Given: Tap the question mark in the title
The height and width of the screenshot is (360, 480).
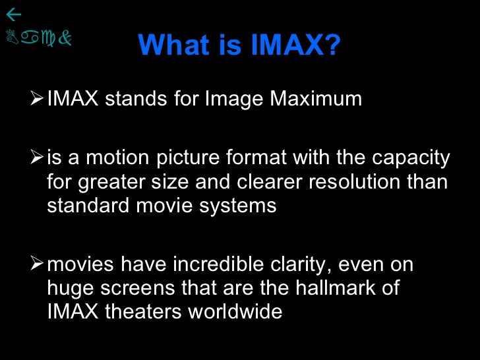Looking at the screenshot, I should pos(333,45).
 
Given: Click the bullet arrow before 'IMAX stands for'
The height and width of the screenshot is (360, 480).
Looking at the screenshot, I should pos(38,98).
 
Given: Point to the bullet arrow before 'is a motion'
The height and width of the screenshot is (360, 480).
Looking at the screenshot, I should pos(38,158).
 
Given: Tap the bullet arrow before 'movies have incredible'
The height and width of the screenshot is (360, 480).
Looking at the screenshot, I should pos(38,264).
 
